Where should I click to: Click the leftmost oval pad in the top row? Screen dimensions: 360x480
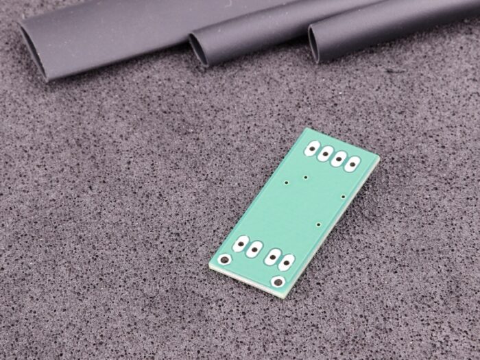tap(313, 147)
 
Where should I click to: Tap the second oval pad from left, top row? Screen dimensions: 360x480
tap(326, 153)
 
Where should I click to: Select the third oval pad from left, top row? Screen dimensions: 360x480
tap(339, 158)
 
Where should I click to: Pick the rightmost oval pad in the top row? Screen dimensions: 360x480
tap(352, 164)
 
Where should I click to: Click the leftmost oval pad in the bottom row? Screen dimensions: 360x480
tap(241, 243)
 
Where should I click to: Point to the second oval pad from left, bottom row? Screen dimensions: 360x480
tap(254, 249)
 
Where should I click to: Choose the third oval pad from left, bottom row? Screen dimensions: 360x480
tap(273, 256)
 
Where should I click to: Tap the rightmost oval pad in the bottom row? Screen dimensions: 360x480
tap(286, 262)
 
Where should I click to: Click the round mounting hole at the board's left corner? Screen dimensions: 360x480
tap(225, 260)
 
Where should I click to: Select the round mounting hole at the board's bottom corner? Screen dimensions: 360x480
tap(278, 281)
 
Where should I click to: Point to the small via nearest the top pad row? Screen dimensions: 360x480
tap(305, 178)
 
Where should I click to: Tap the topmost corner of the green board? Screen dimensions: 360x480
tap(306, 128)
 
